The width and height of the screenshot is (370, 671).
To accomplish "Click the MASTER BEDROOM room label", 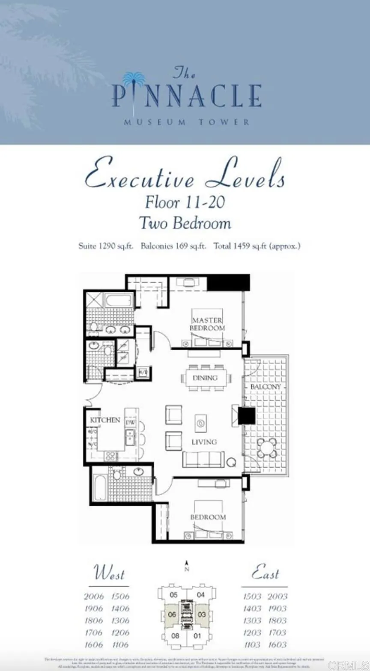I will (x=207, y=324).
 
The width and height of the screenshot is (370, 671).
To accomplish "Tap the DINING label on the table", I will (x=205, y=378).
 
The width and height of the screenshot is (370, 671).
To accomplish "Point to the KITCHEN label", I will (x=105, y=420).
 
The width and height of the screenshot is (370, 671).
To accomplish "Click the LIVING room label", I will (x=204, y=442).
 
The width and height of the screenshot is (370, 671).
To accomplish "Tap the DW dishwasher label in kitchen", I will (x=130, y=422).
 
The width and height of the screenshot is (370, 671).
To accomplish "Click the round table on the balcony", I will (x=267, y=448).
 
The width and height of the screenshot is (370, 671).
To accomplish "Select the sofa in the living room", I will (x=203, y=459).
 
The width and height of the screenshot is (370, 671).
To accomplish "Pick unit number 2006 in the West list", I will (x=94, y=596).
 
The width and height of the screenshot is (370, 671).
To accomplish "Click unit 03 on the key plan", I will (x=202, y=615).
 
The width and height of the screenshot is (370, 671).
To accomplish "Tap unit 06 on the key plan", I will (x=172, y=615).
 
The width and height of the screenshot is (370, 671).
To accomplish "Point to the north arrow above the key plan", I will (x=187, y=566).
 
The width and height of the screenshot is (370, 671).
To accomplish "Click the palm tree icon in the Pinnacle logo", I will (x=134, y=80).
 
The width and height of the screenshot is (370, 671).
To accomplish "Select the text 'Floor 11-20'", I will (x=185, y=202).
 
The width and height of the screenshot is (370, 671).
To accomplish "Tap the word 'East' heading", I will (x=265, y=573).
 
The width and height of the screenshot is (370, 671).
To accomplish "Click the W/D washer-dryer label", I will (x=142, y=372).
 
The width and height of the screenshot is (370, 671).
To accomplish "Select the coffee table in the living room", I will (x=200, y=424).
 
